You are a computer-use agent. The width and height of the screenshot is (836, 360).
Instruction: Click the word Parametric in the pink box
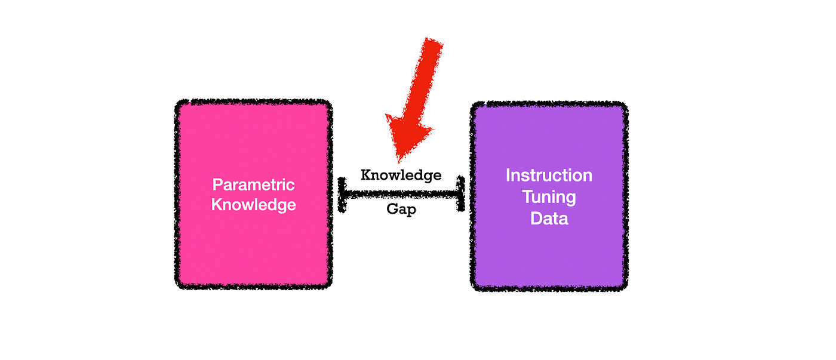[x=254, y=184]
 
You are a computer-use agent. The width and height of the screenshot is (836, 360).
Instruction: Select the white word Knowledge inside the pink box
[x=254, y=205]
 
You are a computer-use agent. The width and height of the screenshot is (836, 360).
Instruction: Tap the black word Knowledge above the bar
[x=401, y=175]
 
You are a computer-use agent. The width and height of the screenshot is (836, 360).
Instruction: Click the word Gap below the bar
[x=401, y=211]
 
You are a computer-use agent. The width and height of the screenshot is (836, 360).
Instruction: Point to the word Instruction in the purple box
[x=549, y=176]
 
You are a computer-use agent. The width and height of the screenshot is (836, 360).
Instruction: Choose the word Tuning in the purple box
[x=549, y=197]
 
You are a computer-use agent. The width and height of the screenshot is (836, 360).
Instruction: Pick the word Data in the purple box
[x=549, y=219]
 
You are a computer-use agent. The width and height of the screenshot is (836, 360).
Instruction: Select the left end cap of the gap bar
[x=342, y=193]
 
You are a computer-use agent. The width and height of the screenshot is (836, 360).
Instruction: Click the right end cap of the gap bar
[x=460, y=193]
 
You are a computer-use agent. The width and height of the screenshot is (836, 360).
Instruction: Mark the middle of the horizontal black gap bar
[x=401, y=193]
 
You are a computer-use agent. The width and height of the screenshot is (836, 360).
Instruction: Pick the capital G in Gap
[x=391, y=211]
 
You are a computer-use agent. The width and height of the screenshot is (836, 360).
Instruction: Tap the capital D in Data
[x=536, y=219]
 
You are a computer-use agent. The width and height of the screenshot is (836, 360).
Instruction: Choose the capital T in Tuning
[x=527, y=197]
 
